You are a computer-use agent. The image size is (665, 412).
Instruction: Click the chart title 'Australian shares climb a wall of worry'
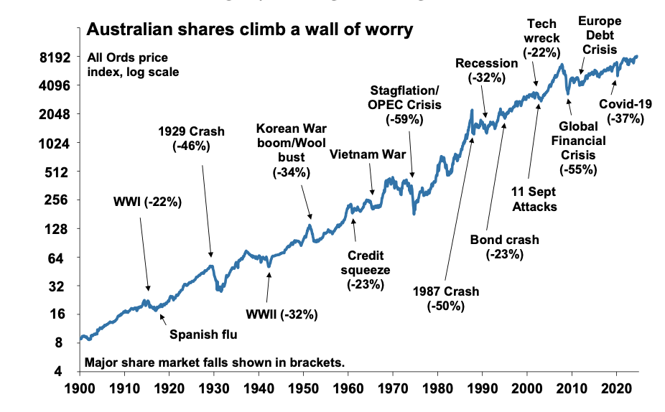pos(249,30)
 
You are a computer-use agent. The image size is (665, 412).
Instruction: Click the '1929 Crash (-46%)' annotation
pos(191,139)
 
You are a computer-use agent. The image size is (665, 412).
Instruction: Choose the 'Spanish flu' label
pos(203,334)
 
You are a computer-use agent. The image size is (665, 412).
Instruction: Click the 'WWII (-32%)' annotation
pos(282,314)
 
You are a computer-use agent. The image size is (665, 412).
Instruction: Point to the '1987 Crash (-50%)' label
pos(446,299)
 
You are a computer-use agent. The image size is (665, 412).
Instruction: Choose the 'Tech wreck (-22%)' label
pos(541,38)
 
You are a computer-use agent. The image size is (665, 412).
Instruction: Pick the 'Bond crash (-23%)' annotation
pos(503,247)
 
